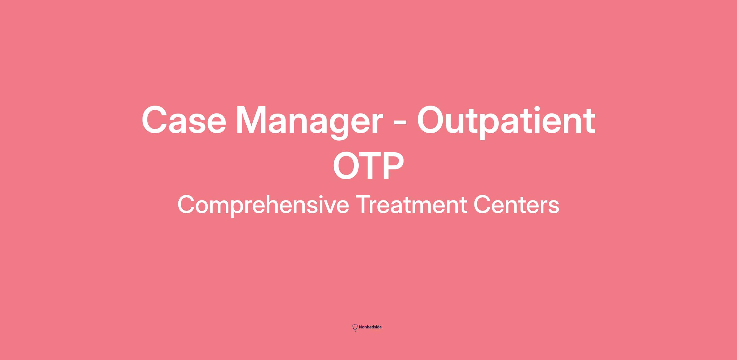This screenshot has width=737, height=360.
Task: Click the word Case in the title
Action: pyautogui.click(x=184, y=120)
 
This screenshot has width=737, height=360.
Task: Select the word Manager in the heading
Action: pyautogui.click(x=310, y=123)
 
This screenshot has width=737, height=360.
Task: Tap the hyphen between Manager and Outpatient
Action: pyautogui.click(x=400, y=124)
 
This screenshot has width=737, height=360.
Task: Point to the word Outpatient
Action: pyautogui.click(x=506, y=122)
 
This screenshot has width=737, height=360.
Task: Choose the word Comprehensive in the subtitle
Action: pyautogui.click(x=263, y=205)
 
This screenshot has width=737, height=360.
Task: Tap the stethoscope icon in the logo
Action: pyautogui.click(x=355, y=328)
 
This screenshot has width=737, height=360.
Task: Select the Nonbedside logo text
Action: pyautogui.click(x=370, y=327)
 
